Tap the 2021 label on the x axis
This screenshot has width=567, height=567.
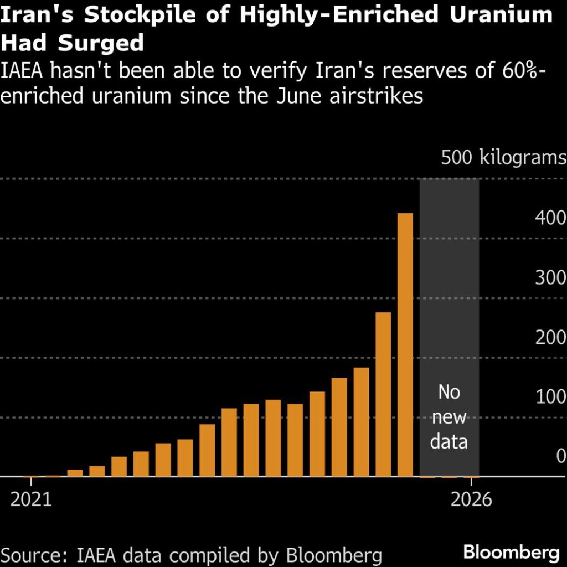pos(31,499)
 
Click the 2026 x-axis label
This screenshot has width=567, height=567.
pos(471,499)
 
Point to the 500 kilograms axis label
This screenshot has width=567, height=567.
pos(503,158)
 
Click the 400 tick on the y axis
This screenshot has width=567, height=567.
pos(550,218)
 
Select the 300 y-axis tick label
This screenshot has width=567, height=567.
pos(550,277)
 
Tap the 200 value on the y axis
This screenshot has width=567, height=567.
pos(550,337)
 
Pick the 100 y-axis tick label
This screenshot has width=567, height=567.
pos(550,397)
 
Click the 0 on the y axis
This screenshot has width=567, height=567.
pos(561,456)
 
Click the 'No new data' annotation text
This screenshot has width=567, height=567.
pos(449,417)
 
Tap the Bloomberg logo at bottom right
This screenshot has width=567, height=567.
pos(511,552)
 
